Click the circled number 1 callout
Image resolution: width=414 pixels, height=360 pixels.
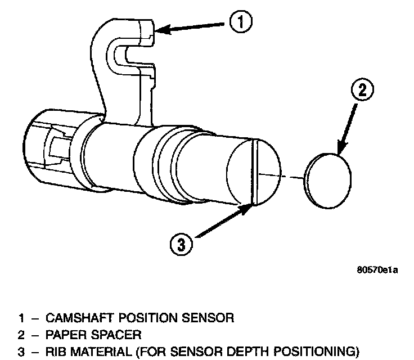click(241, 22)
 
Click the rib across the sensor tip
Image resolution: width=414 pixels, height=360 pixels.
click(254, 171)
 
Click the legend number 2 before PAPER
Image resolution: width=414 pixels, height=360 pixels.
click(20, 336)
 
